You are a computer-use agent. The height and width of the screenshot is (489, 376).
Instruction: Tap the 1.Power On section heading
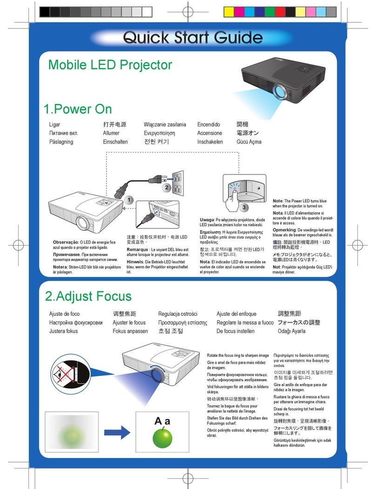(77, 109)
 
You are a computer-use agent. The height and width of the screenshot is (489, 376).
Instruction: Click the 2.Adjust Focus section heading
(88, 296)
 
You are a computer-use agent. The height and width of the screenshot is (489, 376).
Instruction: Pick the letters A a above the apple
(162, 422)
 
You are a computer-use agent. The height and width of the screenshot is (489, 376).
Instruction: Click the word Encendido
(208, 125)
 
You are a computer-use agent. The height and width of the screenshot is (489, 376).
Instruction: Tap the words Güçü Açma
(249, 142)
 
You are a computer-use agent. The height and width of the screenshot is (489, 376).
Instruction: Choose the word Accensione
(209, 133)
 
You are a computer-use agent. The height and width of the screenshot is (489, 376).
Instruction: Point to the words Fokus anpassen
(130, 331)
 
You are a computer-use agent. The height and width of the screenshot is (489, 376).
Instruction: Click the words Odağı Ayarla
(292, 331)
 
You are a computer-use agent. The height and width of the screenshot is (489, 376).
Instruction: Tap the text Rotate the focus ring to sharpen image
(237, 355)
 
